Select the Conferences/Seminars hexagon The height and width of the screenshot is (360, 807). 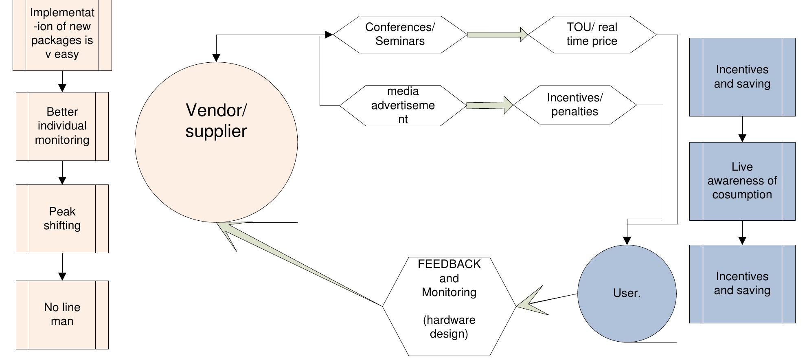(x=400, y=35)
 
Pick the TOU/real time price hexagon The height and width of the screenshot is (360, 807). (x=592, y=35)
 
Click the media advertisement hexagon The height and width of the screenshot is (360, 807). (x=403, y=105)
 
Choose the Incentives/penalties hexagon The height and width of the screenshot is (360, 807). (x=575, y=105)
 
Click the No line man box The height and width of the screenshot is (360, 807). (x=62, y=314)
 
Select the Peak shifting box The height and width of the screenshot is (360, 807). (x=62, y=219)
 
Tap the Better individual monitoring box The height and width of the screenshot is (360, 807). (x=62, y=126)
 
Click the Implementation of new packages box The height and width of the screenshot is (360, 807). (x=62, y=35)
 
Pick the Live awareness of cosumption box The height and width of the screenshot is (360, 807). (x=742, y=181)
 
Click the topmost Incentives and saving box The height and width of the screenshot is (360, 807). (x=742, y=77)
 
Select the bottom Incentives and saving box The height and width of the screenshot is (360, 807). (x=742, y=283)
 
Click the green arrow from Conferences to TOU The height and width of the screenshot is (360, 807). (x=497, y=35)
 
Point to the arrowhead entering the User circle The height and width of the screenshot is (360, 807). (x=627, y=241)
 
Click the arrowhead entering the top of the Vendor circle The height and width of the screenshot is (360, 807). (x=216, y=58)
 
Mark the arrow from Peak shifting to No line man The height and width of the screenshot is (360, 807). (x=62, y=267)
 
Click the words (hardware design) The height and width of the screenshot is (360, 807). (x=449, y=327)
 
